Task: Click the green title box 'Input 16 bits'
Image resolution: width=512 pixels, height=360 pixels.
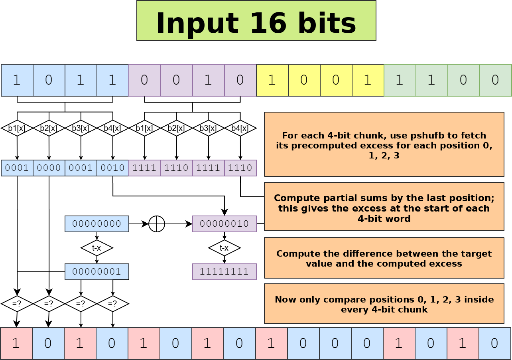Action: [256, 21]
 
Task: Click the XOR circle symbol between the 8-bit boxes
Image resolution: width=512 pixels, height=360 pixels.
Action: [157, 224]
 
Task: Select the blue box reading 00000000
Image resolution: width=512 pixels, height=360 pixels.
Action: [96, 224]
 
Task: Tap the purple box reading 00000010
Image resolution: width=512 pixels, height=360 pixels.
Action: [224, 224]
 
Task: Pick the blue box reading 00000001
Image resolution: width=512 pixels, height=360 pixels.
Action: [96, 272]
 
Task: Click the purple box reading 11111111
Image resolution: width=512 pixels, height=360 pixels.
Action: [224, 272]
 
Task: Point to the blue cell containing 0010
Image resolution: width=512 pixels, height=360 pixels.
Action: [113, 168]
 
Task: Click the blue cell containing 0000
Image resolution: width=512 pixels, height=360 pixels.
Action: [49, 168]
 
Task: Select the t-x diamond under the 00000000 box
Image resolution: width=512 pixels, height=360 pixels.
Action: [96, 248]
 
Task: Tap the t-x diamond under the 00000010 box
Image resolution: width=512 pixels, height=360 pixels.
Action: [224, 248]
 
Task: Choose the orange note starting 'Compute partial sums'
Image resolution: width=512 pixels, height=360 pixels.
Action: [384, 206]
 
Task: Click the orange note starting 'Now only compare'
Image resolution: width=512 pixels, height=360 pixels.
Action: [384, 304]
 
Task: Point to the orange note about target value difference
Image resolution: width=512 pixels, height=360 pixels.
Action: [384, 258]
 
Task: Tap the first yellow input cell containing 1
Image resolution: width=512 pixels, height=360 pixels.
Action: [272, 80]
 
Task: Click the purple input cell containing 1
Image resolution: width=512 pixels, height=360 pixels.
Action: [208, 80]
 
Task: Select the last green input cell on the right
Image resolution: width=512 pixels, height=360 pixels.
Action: [496, 80]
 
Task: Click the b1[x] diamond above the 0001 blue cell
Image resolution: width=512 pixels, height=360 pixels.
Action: [17, 128]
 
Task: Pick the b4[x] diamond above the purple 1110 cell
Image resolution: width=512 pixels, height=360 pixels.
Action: [240, 128]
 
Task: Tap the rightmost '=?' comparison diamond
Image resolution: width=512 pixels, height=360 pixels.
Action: [113, 304]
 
